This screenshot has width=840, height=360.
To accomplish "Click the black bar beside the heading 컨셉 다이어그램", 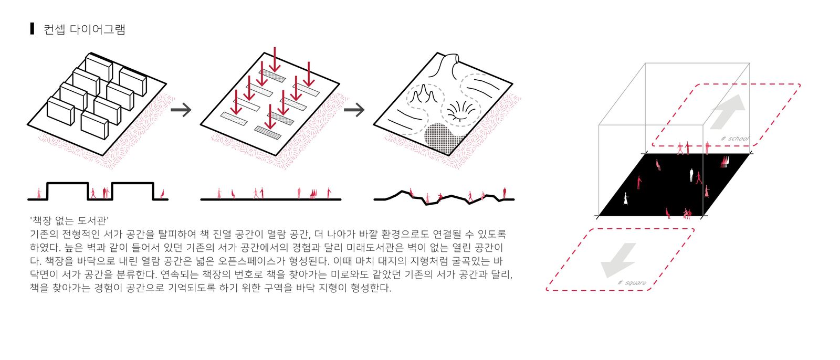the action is [32, 29].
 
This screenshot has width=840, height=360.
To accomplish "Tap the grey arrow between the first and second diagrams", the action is [181, 110].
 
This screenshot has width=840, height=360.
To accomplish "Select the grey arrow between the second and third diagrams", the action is [354, 110].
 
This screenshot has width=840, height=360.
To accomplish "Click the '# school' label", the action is [734, 139].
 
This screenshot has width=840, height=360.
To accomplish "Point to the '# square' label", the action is [632, 282].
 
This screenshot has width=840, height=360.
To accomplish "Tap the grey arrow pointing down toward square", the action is [618, 260].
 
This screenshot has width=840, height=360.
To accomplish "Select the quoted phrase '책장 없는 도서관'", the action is [69, 220].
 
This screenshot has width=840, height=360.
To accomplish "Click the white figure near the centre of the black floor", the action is [691, 175].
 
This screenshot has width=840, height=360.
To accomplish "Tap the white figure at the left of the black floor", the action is [625, 199].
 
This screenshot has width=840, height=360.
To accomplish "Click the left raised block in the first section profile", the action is [68, 190].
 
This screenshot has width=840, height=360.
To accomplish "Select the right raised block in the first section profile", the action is [133, 190].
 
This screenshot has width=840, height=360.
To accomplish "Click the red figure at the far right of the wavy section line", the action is [505, 193].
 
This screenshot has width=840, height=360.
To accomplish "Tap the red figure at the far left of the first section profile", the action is [39, 193].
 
